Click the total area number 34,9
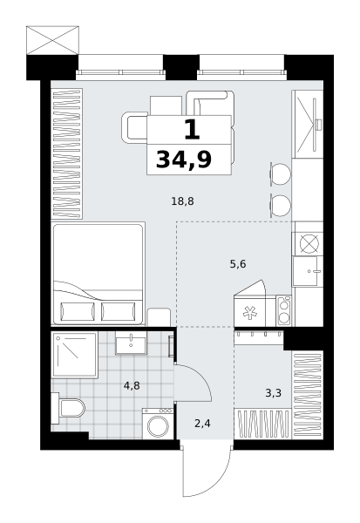tap(184, 160)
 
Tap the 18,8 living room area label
tap(182, 201)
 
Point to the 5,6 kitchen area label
tap(238, 264)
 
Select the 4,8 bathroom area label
tap(132, 386)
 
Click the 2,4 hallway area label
tap(202, 424)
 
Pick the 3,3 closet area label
tap(273, 393)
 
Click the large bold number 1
tap(192, 130)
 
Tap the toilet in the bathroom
tap(68, 408)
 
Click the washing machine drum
tap(158, 425)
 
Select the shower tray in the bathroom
tap(75, 355)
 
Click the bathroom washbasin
tap(131, 343)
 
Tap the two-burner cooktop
tap(283, 311)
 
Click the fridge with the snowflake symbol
tap(250, 311)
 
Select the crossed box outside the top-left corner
tap(52, 40)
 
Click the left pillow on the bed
tap(78, 311)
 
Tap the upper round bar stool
tap(281, 173)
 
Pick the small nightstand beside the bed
tap(159, 317)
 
